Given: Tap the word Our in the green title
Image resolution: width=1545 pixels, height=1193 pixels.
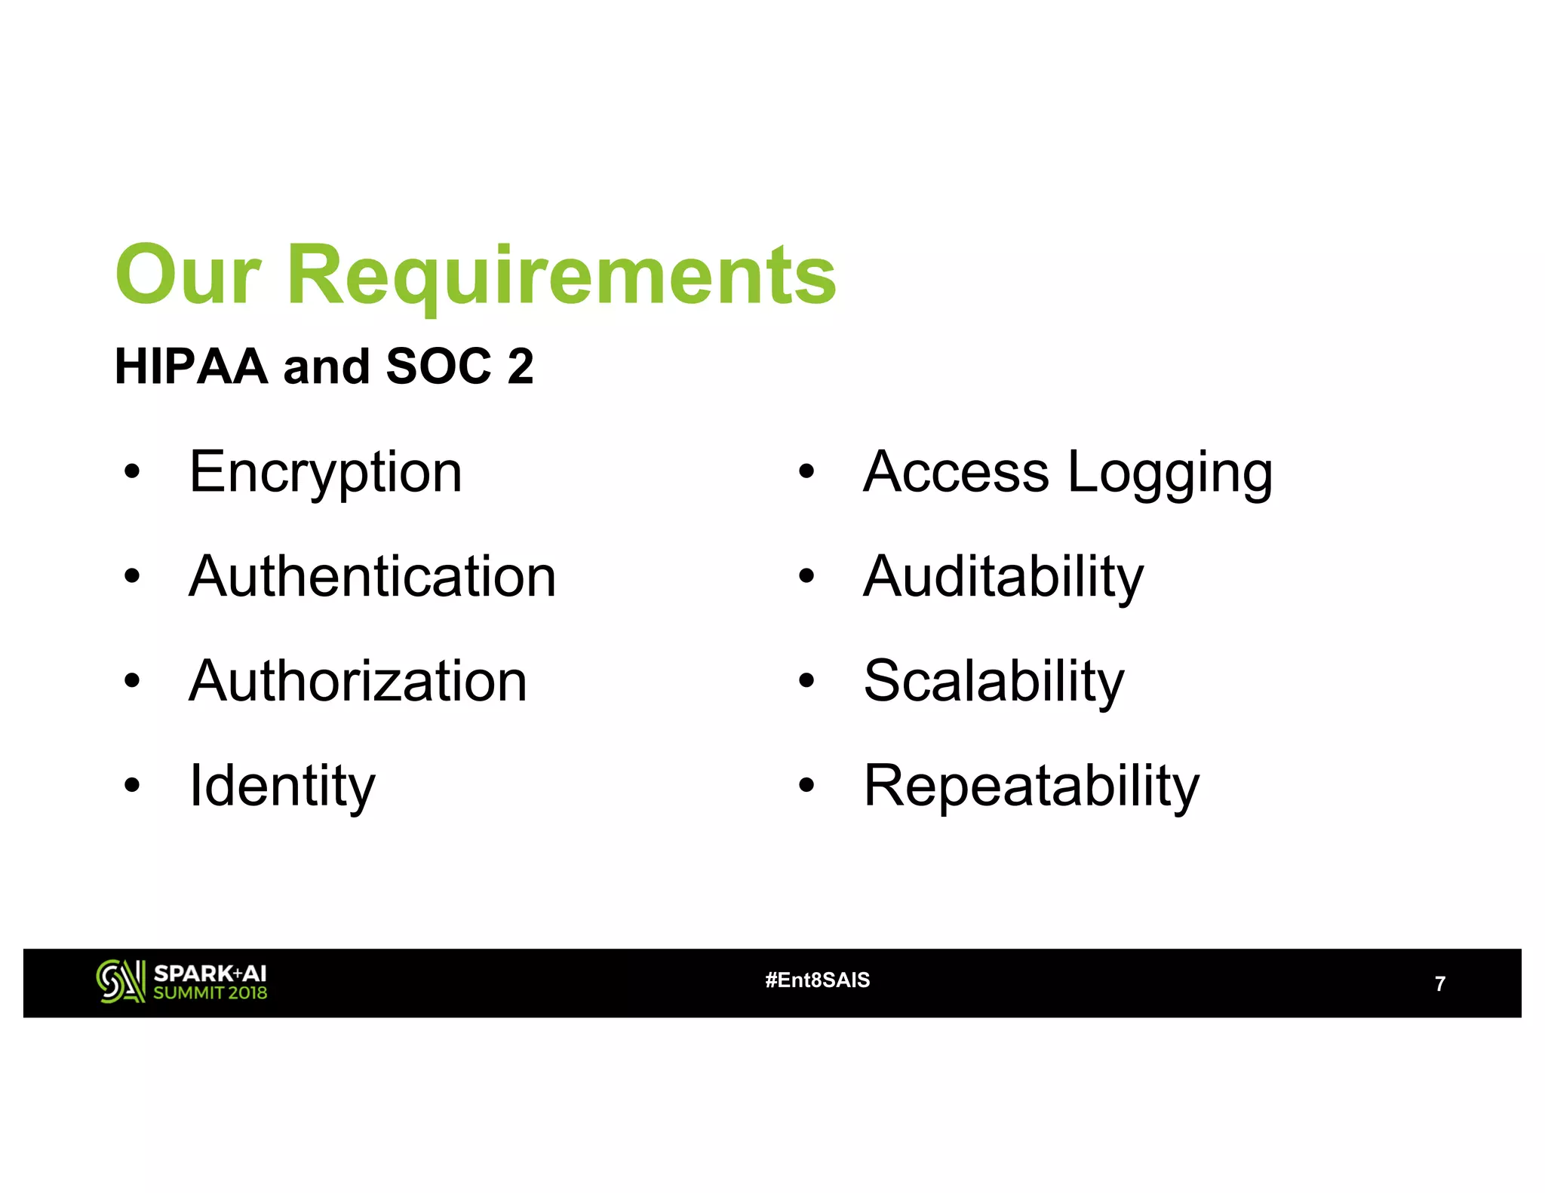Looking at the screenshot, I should [189, 276].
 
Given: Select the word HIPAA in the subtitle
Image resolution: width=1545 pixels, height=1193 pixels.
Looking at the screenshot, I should [191, 367].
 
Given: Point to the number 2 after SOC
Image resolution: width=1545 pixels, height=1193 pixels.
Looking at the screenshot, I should [521, 367].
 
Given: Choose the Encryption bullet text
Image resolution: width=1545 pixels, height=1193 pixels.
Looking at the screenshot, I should [325, 473].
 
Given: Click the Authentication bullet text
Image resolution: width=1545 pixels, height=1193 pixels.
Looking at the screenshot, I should [372, 577].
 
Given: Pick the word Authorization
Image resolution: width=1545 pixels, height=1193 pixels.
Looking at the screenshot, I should [358, 681].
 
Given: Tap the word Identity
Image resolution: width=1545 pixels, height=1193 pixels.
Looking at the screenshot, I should [281, 786].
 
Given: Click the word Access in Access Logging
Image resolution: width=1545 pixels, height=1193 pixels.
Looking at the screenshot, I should [956, 473].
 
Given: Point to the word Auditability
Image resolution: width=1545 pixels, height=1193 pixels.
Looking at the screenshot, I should [1003, 577].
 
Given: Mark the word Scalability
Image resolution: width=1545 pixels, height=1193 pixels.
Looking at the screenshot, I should [994, 681].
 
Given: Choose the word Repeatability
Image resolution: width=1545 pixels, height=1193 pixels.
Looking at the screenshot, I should [1031, 786].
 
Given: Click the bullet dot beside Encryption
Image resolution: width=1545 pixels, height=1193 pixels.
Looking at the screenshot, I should [133, 473].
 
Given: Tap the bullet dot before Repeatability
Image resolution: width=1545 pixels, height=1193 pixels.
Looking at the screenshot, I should [806, 786].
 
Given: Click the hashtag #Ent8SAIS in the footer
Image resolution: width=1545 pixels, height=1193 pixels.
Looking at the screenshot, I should [817, 980].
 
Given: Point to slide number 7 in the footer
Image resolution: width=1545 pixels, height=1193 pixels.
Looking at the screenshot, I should [1439, 984].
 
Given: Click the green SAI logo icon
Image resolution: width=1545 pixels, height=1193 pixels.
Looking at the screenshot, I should [120, 981].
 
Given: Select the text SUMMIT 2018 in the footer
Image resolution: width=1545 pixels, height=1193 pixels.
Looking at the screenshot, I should [210, 993].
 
